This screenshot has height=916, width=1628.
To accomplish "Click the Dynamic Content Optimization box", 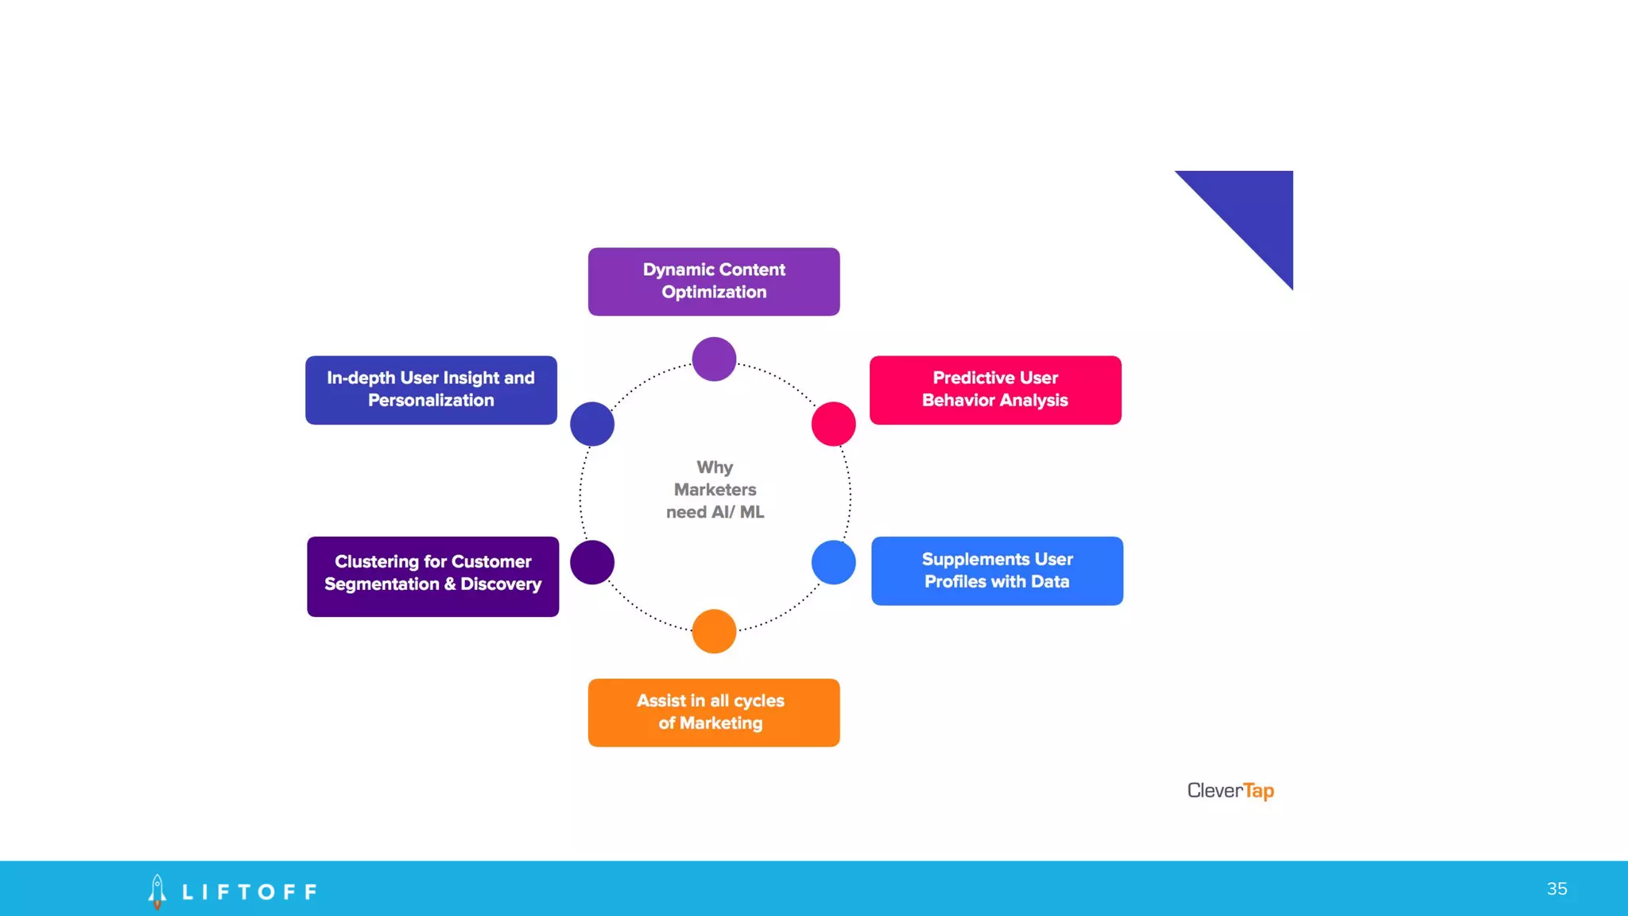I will [x=714, y=281].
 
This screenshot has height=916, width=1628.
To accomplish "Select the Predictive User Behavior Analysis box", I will [x=995, y=390].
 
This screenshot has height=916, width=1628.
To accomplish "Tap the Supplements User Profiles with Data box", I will [x=997, y=571].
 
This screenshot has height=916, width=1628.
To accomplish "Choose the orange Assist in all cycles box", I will [x=714, y=712].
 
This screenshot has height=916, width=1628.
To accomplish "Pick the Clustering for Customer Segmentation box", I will [x=432, y=576].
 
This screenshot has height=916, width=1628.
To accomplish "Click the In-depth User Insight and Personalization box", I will [x=431, y=390].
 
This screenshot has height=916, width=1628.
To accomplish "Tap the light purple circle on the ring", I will [x=714, y=359].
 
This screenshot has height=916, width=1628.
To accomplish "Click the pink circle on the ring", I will [x=833, y=424].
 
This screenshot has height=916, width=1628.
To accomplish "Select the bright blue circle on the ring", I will [x=833, y=562].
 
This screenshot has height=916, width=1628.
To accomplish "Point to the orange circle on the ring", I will [x=714, y=631].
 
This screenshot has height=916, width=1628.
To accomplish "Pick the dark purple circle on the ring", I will [x=592, y=562].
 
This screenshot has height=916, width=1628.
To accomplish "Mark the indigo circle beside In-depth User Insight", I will [x=592, y=424].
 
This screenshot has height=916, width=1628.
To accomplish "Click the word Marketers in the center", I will [x=715, y=490].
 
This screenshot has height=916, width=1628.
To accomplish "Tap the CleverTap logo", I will [x=1231, y=790].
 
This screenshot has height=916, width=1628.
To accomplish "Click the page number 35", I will [x=1557, y=889].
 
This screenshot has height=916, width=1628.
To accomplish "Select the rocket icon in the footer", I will [x=157, y=891].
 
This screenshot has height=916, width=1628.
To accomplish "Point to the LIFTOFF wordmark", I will [x=250, y=892].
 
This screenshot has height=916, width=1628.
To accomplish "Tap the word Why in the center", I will [x=715, y=468].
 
